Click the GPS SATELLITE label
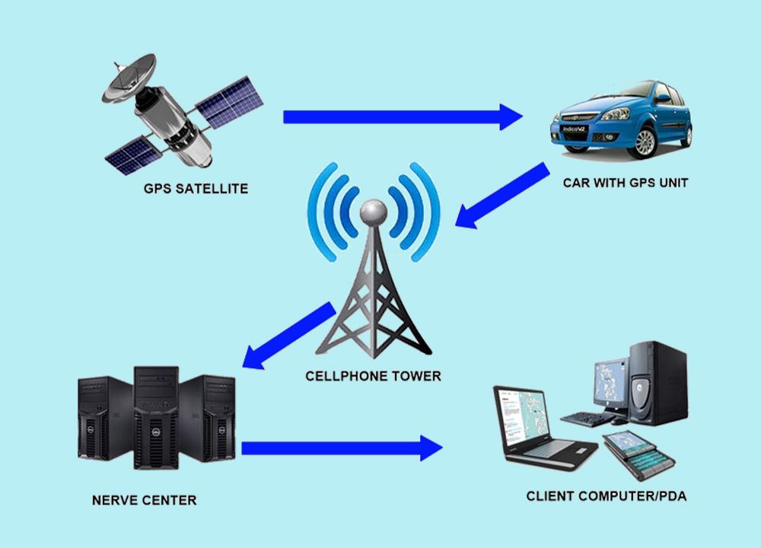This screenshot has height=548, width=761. [x=196, y=188]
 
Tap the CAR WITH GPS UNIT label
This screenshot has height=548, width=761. [x=626, y=183]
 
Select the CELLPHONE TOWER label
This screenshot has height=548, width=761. [x=373, y=376]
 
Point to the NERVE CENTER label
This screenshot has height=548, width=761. [x=144, y=501]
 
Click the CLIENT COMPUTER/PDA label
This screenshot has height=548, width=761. [x=607, y=496]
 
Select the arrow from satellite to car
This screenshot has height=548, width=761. [x=403, y=117]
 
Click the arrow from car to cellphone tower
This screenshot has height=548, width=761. [x=502, y=196]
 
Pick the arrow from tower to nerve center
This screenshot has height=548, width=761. [x=288, y=336]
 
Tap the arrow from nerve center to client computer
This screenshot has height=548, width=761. [x=342, y=448]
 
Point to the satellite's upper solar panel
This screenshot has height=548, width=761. [x=229, y=103]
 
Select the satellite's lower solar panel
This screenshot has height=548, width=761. [x=132, y=155]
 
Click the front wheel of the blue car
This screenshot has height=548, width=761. [x=645, y=142]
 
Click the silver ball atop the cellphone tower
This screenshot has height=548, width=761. [x=373, y=212]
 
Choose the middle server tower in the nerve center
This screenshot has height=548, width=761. [x=156, y=418]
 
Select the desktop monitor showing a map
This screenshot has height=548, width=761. [x=611, y=384]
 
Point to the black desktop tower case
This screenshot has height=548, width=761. [x=658, y=383]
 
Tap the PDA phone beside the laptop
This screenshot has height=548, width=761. [x=638, y=455]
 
